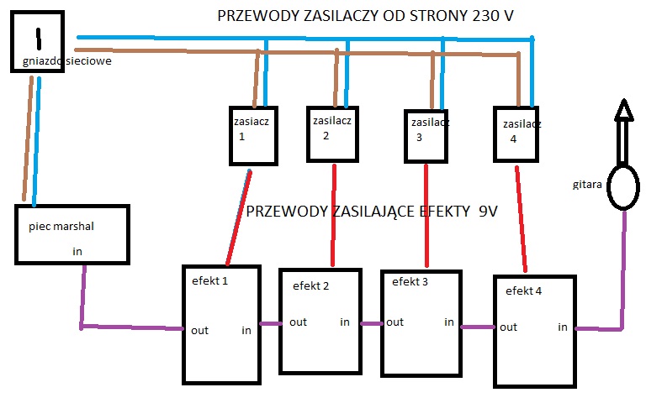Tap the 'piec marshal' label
click(x=61, y=227)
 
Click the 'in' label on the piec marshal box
click(x=77, y=251)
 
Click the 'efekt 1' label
click(x=209, y=281)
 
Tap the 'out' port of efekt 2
click(x=299, y=322)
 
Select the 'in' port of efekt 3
click(x=449, y=322)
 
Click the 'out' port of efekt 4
click(x=508, y=327)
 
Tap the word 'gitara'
click(x=587, y=185)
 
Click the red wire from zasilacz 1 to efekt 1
click(x=239, y=217)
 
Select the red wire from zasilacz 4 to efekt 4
click(x=522, y=219)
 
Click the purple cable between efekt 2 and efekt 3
click(x=371, y=323)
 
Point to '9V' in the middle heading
click(x=488, y=212)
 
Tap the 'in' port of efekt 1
click(x=246, y=330)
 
